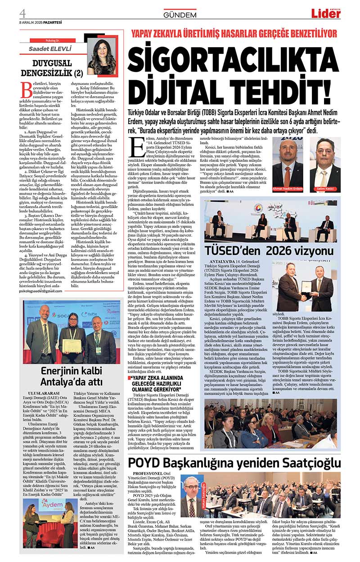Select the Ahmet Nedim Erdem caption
click(x=288, y=189)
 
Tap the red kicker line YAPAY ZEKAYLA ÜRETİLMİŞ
click(x=234, y=34)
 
